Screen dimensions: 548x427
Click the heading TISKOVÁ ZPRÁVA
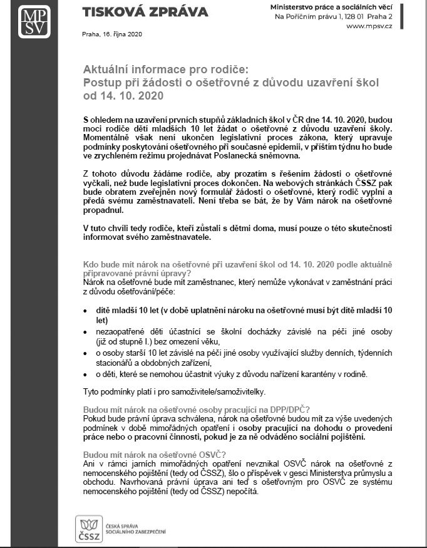(146, 12)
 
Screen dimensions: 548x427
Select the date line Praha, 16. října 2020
(112, 34)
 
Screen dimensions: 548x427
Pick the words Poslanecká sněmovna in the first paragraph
(336, 156)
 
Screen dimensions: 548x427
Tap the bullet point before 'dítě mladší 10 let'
(86, 311)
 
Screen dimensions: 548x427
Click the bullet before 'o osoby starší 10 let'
(86, 354)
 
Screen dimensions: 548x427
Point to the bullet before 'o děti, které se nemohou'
(86, 375)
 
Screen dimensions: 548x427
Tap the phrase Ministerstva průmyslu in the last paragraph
(354, 473)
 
